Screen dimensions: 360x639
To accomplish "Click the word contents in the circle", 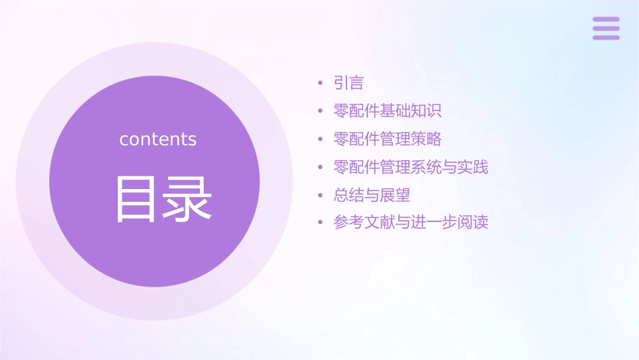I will point(158,139).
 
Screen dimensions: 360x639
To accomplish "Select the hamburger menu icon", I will point(606,28).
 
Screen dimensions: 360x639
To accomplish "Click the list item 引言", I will point(348,83).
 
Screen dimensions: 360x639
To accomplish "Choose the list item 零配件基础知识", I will point(387,111).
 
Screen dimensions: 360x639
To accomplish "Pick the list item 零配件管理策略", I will point(387,139).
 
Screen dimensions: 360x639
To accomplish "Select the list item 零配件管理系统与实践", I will point(410,167).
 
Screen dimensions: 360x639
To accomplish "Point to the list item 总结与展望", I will point(372,195).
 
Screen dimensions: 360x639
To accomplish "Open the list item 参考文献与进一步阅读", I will point(410,222).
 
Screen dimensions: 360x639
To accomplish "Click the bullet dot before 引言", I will point(320,84).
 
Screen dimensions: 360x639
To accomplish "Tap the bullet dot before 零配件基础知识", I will point(320,112).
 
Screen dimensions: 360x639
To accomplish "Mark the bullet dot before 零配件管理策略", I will point(320,140).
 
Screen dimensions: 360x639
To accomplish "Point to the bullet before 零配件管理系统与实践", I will point(320,168).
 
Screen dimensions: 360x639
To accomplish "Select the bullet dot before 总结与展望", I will point(320,196).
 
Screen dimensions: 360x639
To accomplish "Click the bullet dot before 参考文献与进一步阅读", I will point(320,223).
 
